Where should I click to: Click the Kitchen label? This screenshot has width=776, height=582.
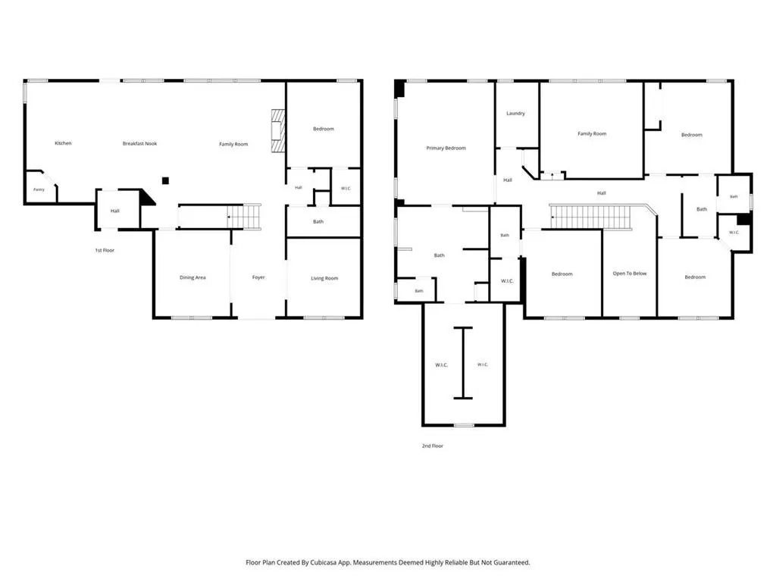pyautogui.click(x=63, y=143)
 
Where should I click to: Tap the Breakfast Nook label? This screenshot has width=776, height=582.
pyautogui.click(x=139, y=143)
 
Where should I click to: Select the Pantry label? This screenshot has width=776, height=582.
pyautogui.click(x=39, y=189)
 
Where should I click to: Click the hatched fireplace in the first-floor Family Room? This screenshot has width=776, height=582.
pyautogui.click(x=278, y=131)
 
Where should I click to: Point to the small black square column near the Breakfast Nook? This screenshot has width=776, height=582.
pyautogui.click(x=165, y=180)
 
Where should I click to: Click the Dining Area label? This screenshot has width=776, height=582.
pyautogui.click(x=192, y=277)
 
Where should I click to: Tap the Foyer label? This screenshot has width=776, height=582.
pyautogui.click(x=258, y=277)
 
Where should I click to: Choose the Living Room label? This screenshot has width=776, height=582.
pyautogui.click(x=324, y=278)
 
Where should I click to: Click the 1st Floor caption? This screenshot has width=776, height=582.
pyautogui.click(x=105, y=250)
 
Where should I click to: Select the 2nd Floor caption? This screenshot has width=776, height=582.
pyautogui.click(x=433, y=446)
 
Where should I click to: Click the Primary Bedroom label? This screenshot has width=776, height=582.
pyautogui.click(x=446, y=148)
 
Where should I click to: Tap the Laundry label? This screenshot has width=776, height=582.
pyautogui.click(x=515, y=114)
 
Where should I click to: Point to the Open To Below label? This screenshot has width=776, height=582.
pyautogui.click(x=630, y=273)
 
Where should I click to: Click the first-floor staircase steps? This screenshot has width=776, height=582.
pyautogui.click(x=244, y=217)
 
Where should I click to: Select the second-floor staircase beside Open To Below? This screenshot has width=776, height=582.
pyautogui.click(x=591, y=217)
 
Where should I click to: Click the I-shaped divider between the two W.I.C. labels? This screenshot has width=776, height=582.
pyautogui.click(x=463, y=363)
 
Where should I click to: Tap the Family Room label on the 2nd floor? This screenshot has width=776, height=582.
pyautogui.click(x=592, y=133)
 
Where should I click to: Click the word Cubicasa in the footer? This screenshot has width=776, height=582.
pyautogui.click(x=324, y=562)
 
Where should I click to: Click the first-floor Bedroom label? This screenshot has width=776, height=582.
pyautogui.click(x=323, y=129)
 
